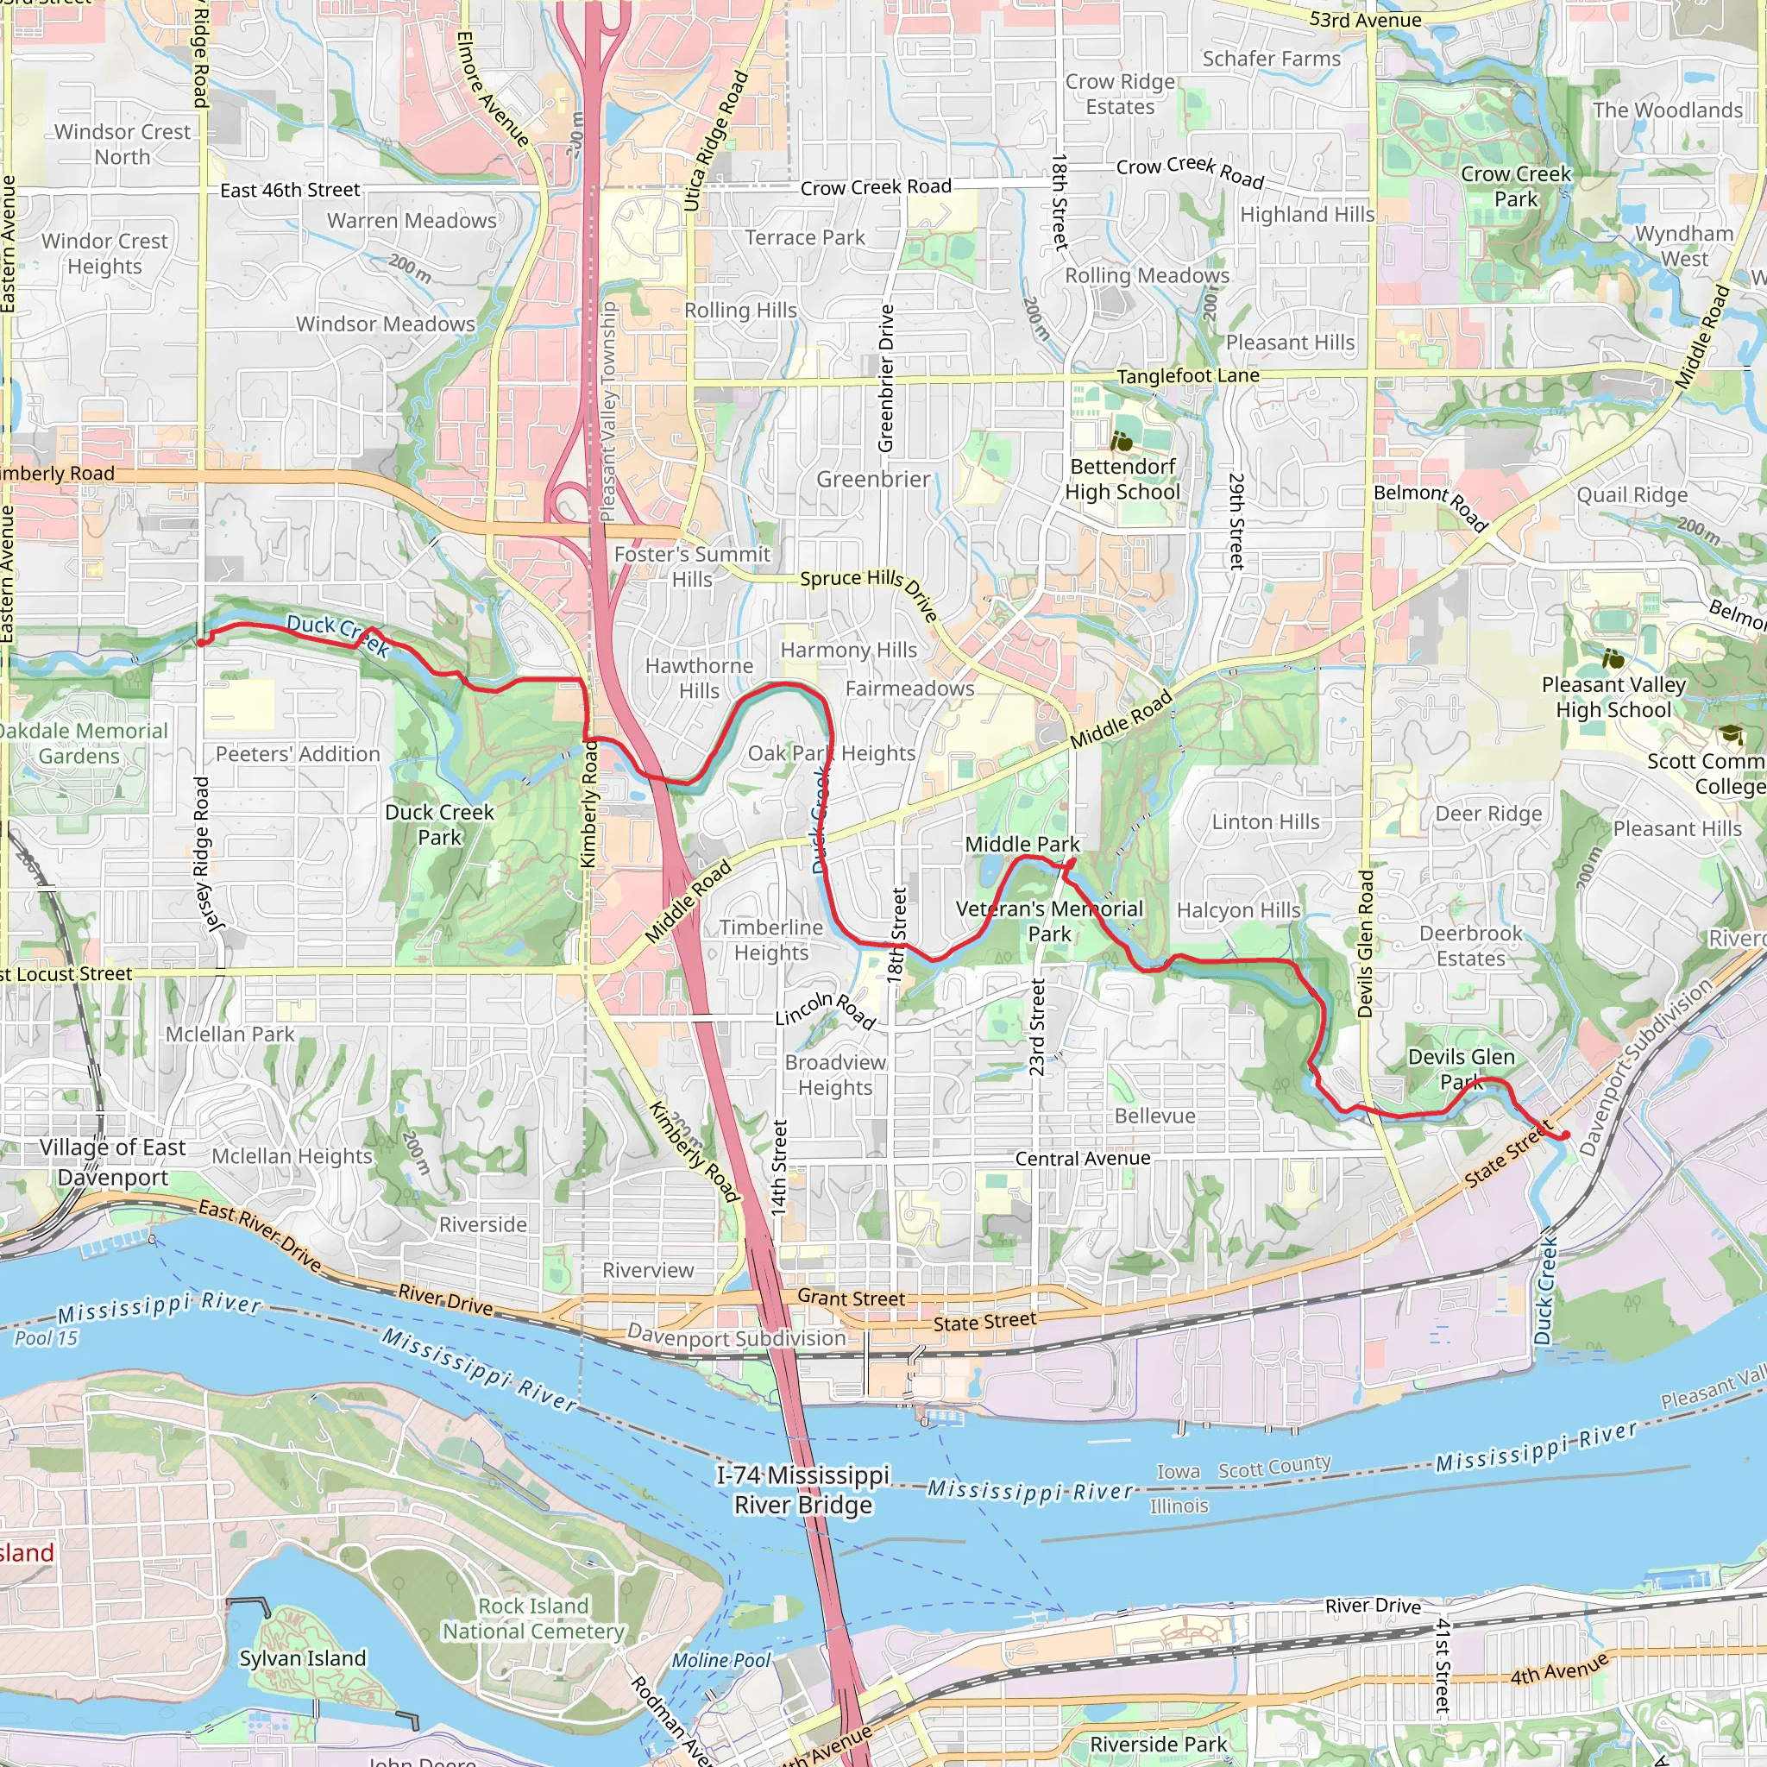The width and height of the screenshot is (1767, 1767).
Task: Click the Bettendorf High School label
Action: [1122, 479]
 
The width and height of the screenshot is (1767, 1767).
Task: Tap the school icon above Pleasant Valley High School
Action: [1613, 657]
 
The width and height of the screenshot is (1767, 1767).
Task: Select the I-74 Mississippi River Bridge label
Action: [802, 1490]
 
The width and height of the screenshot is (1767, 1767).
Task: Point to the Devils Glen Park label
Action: [1461, 1069]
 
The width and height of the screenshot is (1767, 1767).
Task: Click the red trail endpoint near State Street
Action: [1565, 1135]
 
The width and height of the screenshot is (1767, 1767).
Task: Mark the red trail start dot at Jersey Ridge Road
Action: [201, 643]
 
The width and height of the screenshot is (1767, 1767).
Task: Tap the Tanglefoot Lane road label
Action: [1187, 376]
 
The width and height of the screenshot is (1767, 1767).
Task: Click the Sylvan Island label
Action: [302, 1658]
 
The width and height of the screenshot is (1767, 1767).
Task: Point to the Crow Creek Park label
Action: [1515, 186]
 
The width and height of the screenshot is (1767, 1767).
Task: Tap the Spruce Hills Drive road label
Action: [869, 589]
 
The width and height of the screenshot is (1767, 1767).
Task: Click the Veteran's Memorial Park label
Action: [1049, 921]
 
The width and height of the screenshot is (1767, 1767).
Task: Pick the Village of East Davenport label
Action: [112, 1161]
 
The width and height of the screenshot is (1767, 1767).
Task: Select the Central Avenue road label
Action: [1082, 1159]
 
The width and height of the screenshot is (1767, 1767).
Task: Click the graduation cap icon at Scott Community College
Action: [1731, 734]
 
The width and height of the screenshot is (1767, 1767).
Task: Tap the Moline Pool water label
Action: [720, 1660]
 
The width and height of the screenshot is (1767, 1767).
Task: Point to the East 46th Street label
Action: [290, 190]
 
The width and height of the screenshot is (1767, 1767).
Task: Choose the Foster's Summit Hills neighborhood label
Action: [691, 566]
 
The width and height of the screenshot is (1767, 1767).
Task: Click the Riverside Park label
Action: [1158, 1744]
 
